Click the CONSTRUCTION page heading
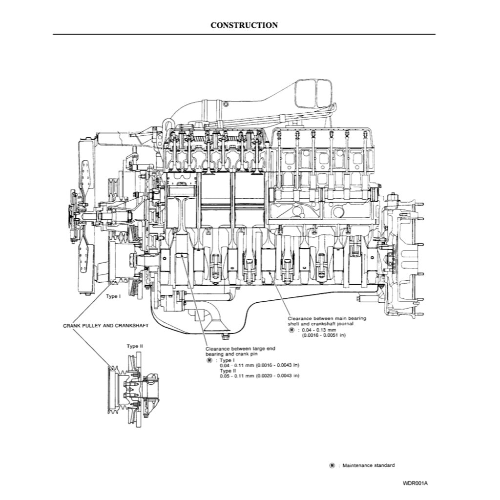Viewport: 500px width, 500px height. coord(244,25)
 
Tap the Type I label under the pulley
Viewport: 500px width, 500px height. coord(113,296)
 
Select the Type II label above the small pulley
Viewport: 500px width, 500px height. coord(135,346)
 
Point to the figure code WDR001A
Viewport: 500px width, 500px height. coord(415,483)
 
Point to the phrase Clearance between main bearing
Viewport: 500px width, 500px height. coord(327,318)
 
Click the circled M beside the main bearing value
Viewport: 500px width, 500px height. coord(292,330)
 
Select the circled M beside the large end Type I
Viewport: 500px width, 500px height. coord(209,360)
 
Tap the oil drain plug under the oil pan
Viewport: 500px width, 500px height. coord(225,336)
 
